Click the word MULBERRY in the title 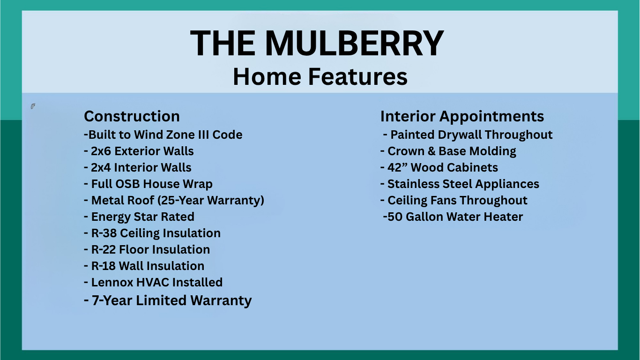tap(354, 44)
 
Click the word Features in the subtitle tap(357, 76)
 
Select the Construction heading tap(132, 116)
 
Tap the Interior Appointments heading tap(462, 117)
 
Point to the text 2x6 tap(101, 151)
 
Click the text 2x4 tap(101, 167)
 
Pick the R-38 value tap(104, 233)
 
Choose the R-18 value tap(103, 266)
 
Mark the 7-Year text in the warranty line tap(112, 300)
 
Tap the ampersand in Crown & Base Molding tap(432, 151)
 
